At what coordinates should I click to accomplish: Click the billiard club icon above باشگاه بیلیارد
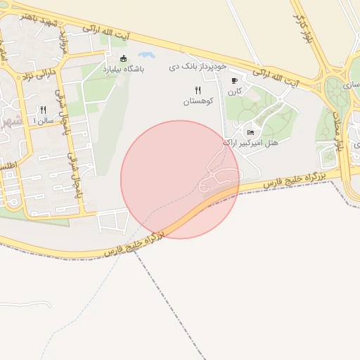(124, 58)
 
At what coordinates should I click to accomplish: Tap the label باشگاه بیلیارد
(124, 69)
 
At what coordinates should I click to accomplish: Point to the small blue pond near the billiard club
(147, 55)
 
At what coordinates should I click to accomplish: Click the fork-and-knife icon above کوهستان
(198, 90)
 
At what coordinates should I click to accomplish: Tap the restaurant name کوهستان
(198, 101)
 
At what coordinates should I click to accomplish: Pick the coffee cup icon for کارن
(234, 81)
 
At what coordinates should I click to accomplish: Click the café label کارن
(234, 91)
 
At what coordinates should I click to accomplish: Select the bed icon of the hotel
(251, 131)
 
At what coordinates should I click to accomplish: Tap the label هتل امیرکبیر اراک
(250, 142)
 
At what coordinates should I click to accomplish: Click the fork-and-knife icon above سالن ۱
(43, 110)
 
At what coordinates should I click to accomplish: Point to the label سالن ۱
(43, 121)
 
